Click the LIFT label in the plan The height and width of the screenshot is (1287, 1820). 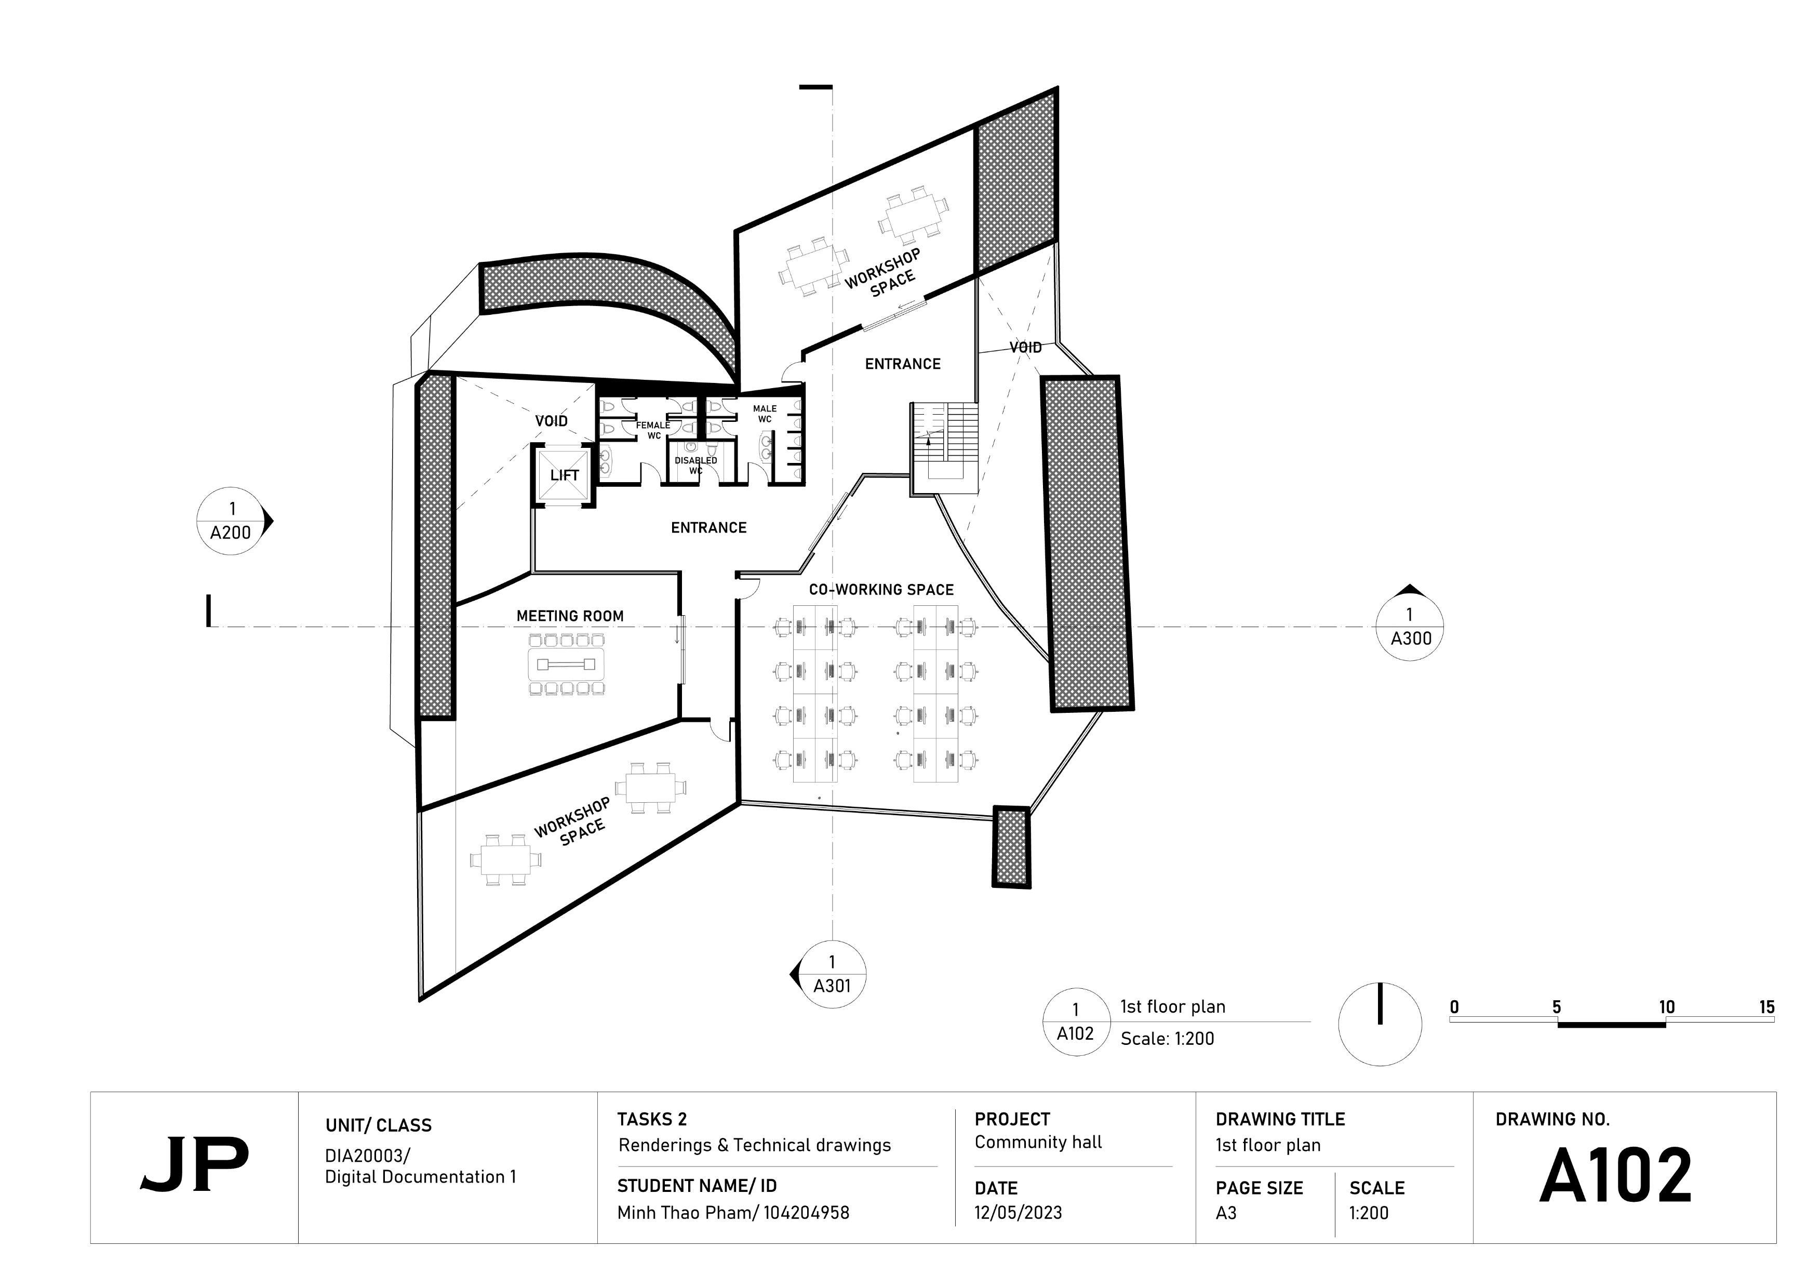[565, 475]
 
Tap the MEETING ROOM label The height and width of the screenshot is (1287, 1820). [570, 616]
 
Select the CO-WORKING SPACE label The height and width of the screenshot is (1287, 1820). [881, 590]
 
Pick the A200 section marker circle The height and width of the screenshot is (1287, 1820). [231, 521]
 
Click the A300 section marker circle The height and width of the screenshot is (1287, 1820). [1409, 627]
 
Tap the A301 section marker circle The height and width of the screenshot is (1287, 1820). [832, 975]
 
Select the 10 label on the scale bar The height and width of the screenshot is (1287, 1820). [1666, 1007]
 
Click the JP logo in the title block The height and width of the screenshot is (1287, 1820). [194, 1165]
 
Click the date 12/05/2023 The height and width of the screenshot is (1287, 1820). [1018, 1213]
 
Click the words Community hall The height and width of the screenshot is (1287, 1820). [1038, 1142]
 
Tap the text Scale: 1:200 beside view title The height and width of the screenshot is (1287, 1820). [1167, 1039]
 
